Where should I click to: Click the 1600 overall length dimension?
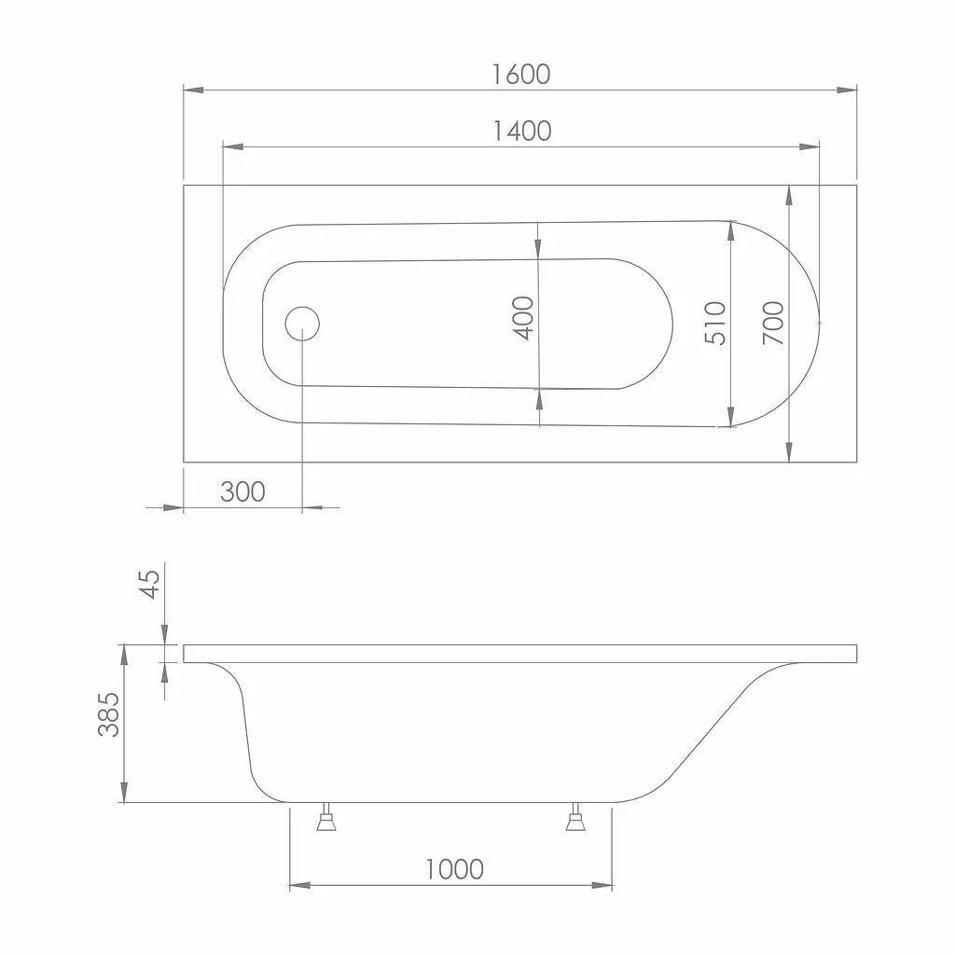click(520, 75)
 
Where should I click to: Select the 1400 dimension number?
click(522, 131)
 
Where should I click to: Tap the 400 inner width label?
click(523, 318)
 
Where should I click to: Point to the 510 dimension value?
click(715, 324)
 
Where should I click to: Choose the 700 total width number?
click(773, 323)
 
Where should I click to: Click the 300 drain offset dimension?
click(242, 491)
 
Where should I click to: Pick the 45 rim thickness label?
click(150, 584)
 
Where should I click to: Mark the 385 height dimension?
click(109, 714)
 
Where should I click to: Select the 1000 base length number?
click(454, 869)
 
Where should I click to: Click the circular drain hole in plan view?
click(302, 324)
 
